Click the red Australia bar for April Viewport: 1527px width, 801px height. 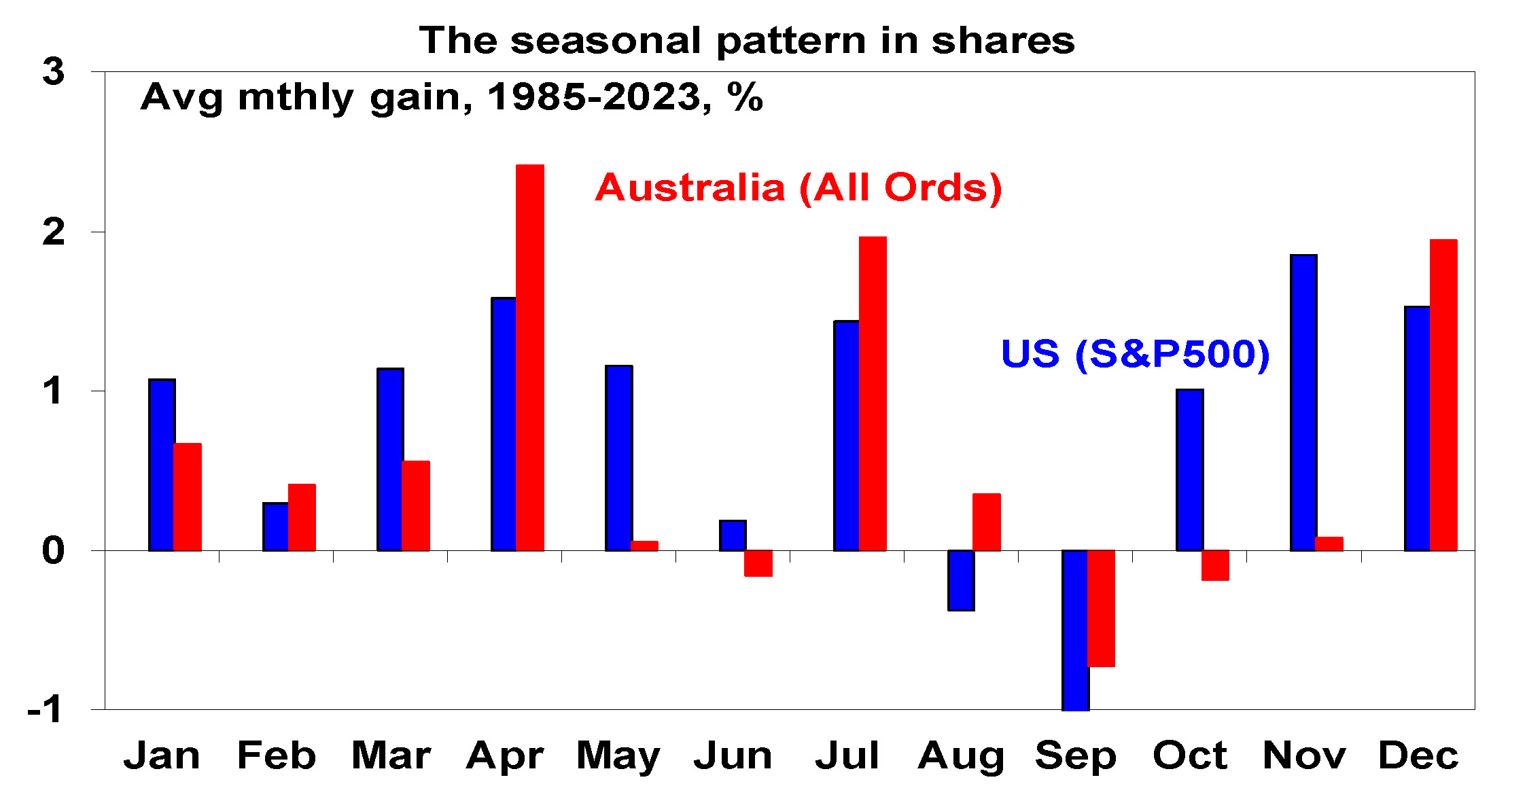pos(530,357)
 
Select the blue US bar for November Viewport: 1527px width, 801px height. pos(1303,402)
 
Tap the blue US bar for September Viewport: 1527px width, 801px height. pos(1074,630)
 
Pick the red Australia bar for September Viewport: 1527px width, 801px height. pos(1101,608)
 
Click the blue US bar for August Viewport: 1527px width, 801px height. pos(960,580)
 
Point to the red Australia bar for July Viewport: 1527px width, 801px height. pos(873,393)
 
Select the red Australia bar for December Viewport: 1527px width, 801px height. pos(1443,395)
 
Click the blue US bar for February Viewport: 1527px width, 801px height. pos(275,527)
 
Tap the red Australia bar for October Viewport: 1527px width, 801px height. pos(1215,565)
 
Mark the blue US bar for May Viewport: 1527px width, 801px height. pos(618,458)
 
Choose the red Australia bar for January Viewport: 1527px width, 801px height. pos(188,497)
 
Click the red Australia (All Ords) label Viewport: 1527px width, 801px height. pos(798,188)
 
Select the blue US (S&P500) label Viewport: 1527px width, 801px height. pos(1135,354)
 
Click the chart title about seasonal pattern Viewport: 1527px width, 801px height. pos(746,41)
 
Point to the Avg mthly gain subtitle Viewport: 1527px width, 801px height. pos(452,97)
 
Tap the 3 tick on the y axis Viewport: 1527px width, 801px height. pos(54,71)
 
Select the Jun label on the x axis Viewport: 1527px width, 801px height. pos(733,755)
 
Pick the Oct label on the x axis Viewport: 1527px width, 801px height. pos(1190,755)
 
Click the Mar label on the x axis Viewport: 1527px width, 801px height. pos(391,755)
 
